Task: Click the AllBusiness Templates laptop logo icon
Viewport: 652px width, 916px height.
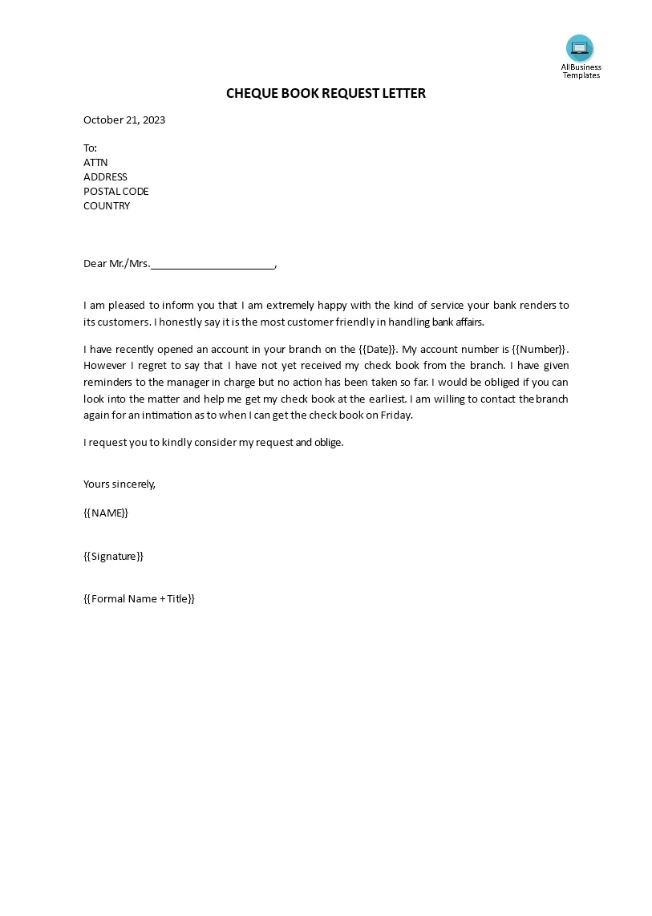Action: pyautogui.click(x=579, y=48)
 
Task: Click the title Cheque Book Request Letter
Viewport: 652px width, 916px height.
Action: pyautogui.click(x=326, y=93)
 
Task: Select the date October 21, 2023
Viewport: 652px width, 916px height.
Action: pyautogui.click(x=124, y=120)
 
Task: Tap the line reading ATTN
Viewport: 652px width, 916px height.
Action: pyautogui.click(x=95, y=162)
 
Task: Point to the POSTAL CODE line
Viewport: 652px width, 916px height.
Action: pyautogui.click(x=116, y=191)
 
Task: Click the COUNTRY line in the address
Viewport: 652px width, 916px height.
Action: pyautogui.click(x=107, y=205)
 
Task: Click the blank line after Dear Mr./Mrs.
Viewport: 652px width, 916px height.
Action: pyautogui.click(x=213, y=263)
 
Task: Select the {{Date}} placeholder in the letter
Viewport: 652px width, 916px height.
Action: pyautogui.click(x=376, y=349)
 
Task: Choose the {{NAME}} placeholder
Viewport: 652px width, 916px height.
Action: pyautogui.click(x=106, y=513)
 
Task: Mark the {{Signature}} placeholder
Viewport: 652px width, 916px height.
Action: pyautogui.click(x=113, y=556)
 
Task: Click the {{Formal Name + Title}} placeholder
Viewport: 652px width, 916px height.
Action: pyautogui.click(x=140, y=598)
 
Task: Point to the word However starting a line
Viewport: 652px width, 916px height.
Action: pyautogui.click(x=103, y=366)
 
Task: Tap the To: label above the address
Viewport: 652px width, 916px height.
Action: pyautogui.click(x=90, y=148)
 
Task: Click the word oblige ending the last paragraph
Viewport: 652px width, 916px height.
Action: pyautogui.click(x=327, y=442)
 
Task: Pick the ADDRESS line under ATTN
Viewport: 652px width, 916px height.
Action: pyautogui.click(x=105, y=176)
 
